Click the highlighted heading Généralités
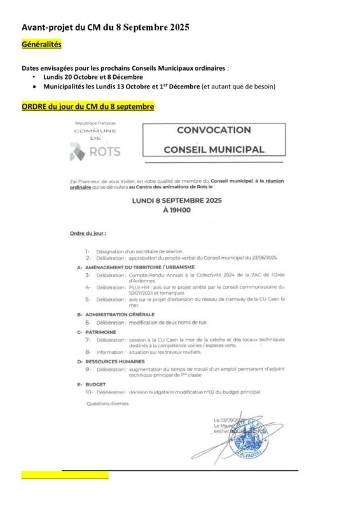point(41,46)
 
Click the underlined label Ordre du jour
point(88,234)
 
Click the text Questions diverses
point(107,403)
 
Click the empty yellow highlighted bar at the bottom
point(64,475)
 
